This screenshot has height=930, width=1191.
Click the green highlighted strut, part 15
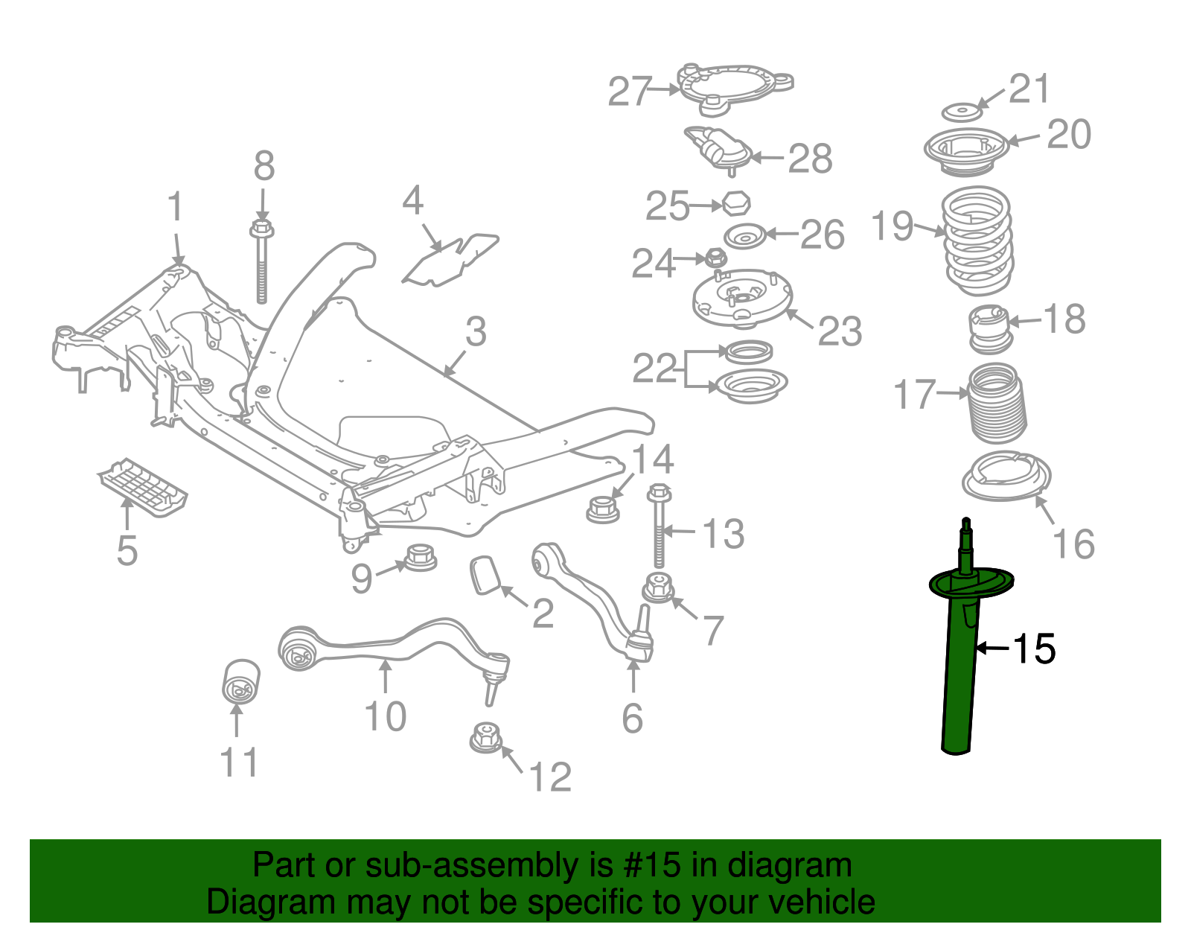[x=960, y=670]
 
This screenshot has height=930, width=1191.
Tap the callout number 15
[x=1033, y=649]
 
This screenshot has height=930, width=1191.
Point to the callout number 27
[x=630, y=92]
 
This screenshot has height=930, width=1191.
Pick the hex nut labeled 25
[x=735, y=203]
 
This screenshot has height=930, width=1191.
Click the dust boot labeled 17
[x=997, y=402]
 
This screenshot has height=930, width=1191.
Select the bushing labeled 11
[x=241, y=681]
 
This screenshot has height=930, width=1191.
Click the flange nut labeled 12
[x=487, y=737]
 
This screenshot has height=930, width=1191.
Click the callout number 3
[x=476, y=331]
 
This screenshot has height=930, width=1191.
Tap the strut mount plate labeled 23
[x=741, y=302]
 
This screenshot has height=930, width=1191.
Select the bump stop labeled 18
[x=990, y=329]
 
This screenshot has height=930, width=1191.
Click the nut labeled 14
[x=602, y=509]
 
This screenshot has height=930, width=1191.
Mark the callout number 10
[x=385, y=716]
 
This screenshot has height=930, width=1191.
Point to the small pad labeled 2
[x=484, y=576]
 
